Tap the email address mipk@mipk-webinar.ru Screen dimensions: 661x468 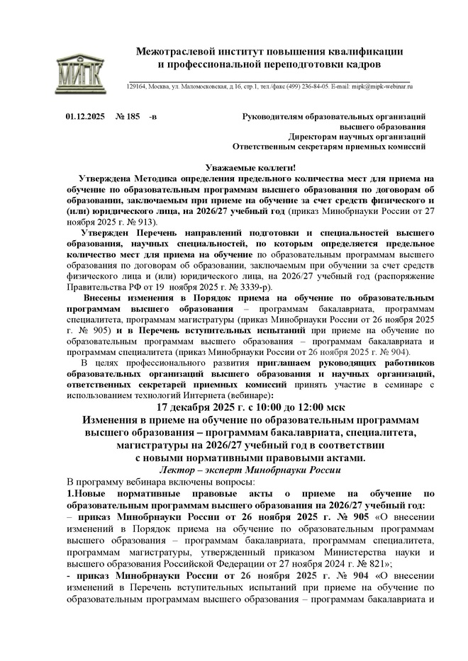(386, 86)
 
